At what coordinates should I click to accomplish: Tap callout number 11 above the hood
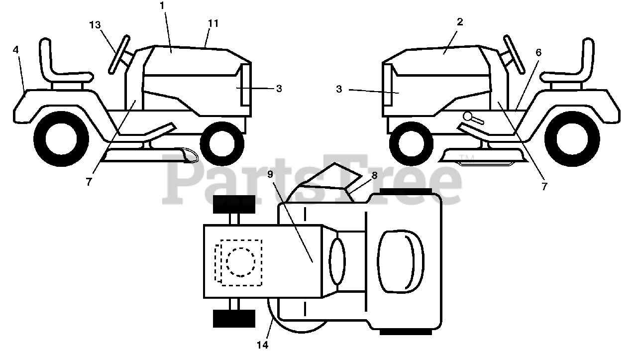click(x=213, y=23)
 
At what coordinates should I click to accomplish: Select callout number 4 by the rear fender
click(x=16, y=50)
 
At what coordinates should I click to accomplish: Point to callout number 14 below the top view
click(x=262, y=345)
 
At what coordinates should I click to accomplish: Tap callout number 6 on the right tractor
click(x=538, y=52)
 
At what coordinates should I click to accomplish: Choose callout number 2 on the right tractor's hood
click(x=460, y=22)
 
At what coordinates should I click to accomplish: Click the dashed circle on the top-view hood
click(x=241, y=261)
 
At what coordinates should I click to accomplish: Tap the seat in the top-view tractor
click(x=400, y=261)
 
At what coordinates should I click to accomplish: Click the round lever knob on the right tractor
click(x=468, y=117)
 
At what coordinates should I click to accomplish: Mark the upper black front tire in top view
click(x=234, y=204)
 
